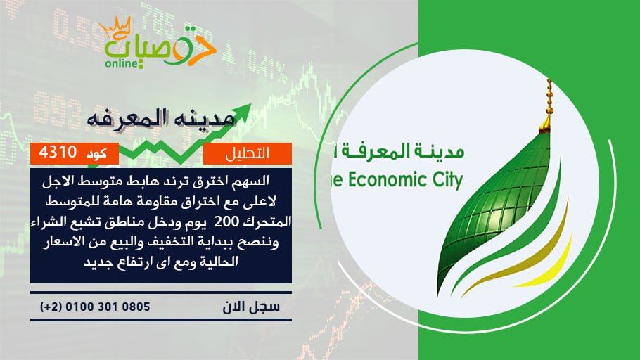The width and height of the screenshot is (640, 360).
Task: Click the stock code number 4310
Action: (58, 153)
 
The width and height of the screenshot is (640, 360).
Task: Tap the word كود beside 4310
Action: (97, 153)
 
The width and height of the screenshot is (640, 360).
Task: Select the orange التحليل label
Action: (248, 153)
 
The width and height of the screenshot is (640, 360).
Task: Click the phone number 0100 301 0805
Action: (108, 307)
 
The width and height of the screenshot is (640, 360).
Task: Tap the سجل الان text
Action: (251, 307)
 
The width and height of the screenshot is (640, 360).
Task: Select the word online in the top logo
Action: (121, 64)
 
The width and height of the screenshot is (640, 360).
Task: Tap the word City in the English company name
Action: (447, 180)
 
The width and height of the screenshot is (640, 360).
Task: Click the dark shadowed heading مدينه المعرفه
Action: (162, 118)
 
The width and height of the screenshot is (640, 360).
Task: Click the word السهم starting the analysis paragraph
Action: (250, 181)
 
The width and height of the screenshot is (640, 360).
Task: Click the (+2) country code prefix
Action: (51, 307)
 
